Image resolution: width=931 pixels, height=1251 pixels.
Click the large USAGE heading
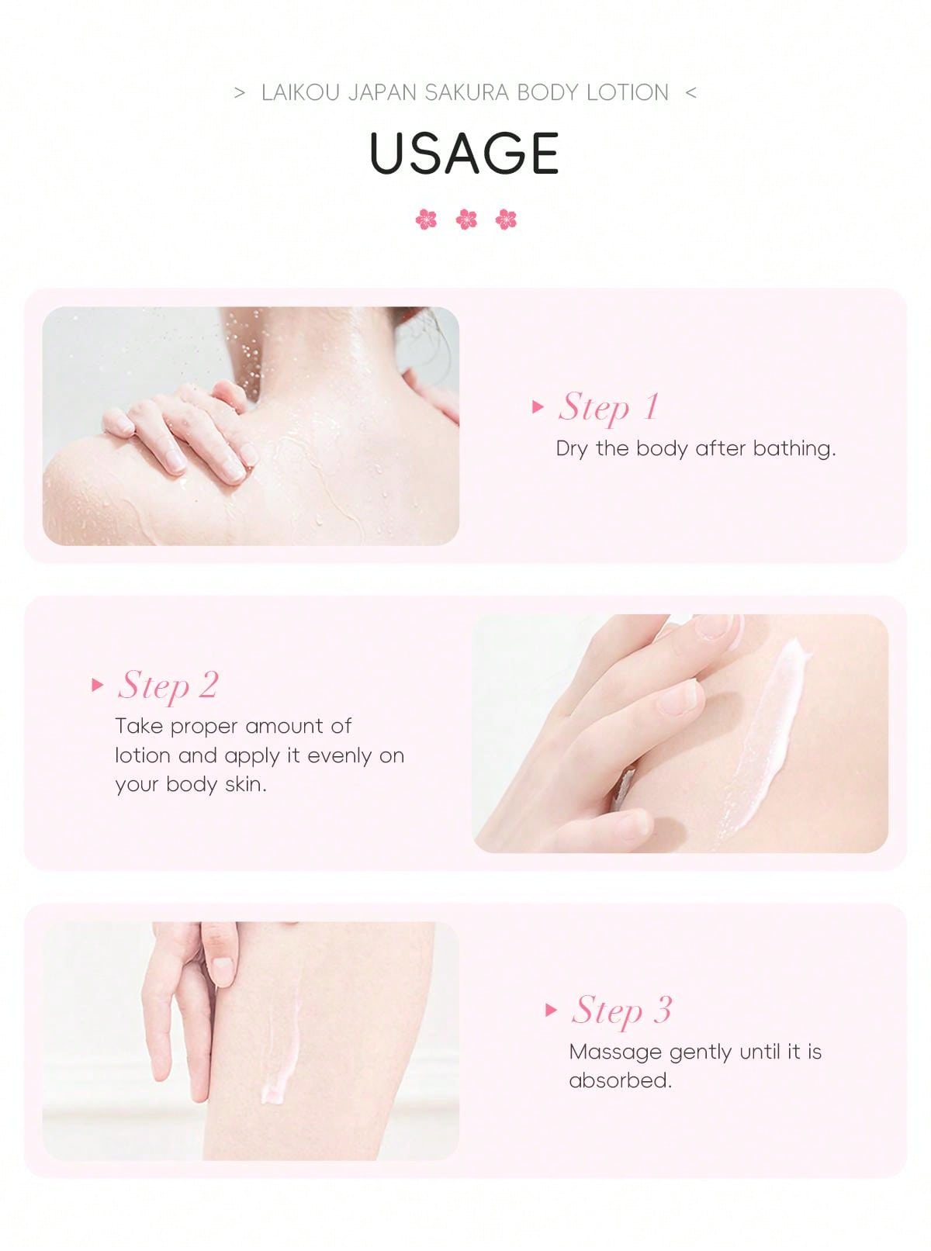point(465,153)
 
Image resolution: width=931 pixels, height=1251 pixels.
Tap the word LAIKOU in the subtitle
point(299,92)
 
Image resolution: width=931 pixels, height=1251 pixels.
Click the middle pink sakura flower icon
point(466,219)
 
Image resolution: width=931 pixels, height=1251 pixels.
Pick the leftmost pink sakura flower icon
point(426,219)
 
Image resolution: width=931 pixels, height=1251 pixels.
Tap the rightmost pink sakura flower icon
point(506,219)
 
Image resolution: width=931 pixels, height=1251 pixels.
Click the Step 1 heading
point(609,407)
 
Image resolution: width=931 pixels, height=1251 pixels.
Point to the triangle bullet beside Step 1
point(538,406)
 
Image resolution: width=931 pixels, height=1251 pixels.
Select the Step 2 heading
point(168,686)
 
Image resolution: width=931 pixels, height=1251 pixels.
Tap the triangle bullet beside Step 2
point(97,685)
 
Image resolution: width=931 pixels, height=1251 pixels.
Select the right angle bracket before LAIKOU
point(240,93)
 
